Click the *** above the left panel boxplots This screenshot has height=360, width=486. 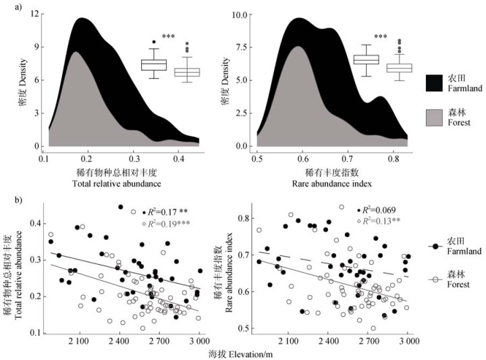pyautogui.click(x=168, y=37)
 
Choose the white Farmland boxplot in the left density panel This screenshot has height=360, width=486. pyautogui.click(x=154, y=65)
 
